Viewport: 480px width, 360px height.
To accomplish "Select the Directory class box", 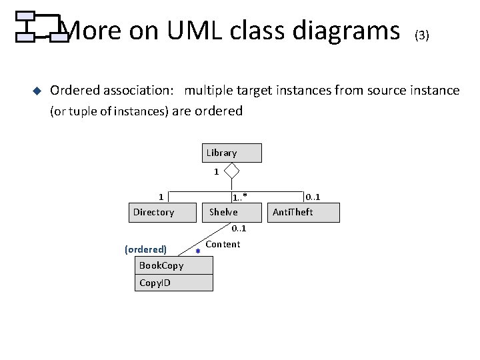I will [x=154, y=213].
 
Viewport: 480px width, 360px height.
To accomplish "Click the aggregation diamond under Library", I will [x=231, y=171].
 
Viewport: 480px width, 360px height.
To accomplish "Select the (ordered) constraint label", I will [x=145, y=249].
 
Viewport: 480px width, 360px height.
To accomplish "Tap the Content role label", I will [x=223, y=245].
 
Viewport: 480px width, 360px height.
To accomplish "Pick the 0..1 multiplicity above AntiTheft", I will [x=312, y=196].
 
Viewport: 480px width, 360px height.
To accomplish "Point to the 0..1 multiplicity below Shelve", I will [x=239, y=229].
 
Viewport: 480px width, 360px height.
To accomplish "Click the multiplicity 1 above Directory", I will [x=161, y=196].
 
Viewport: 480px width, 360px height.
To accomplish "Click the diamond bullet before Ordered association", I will [x=37, y=91].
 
